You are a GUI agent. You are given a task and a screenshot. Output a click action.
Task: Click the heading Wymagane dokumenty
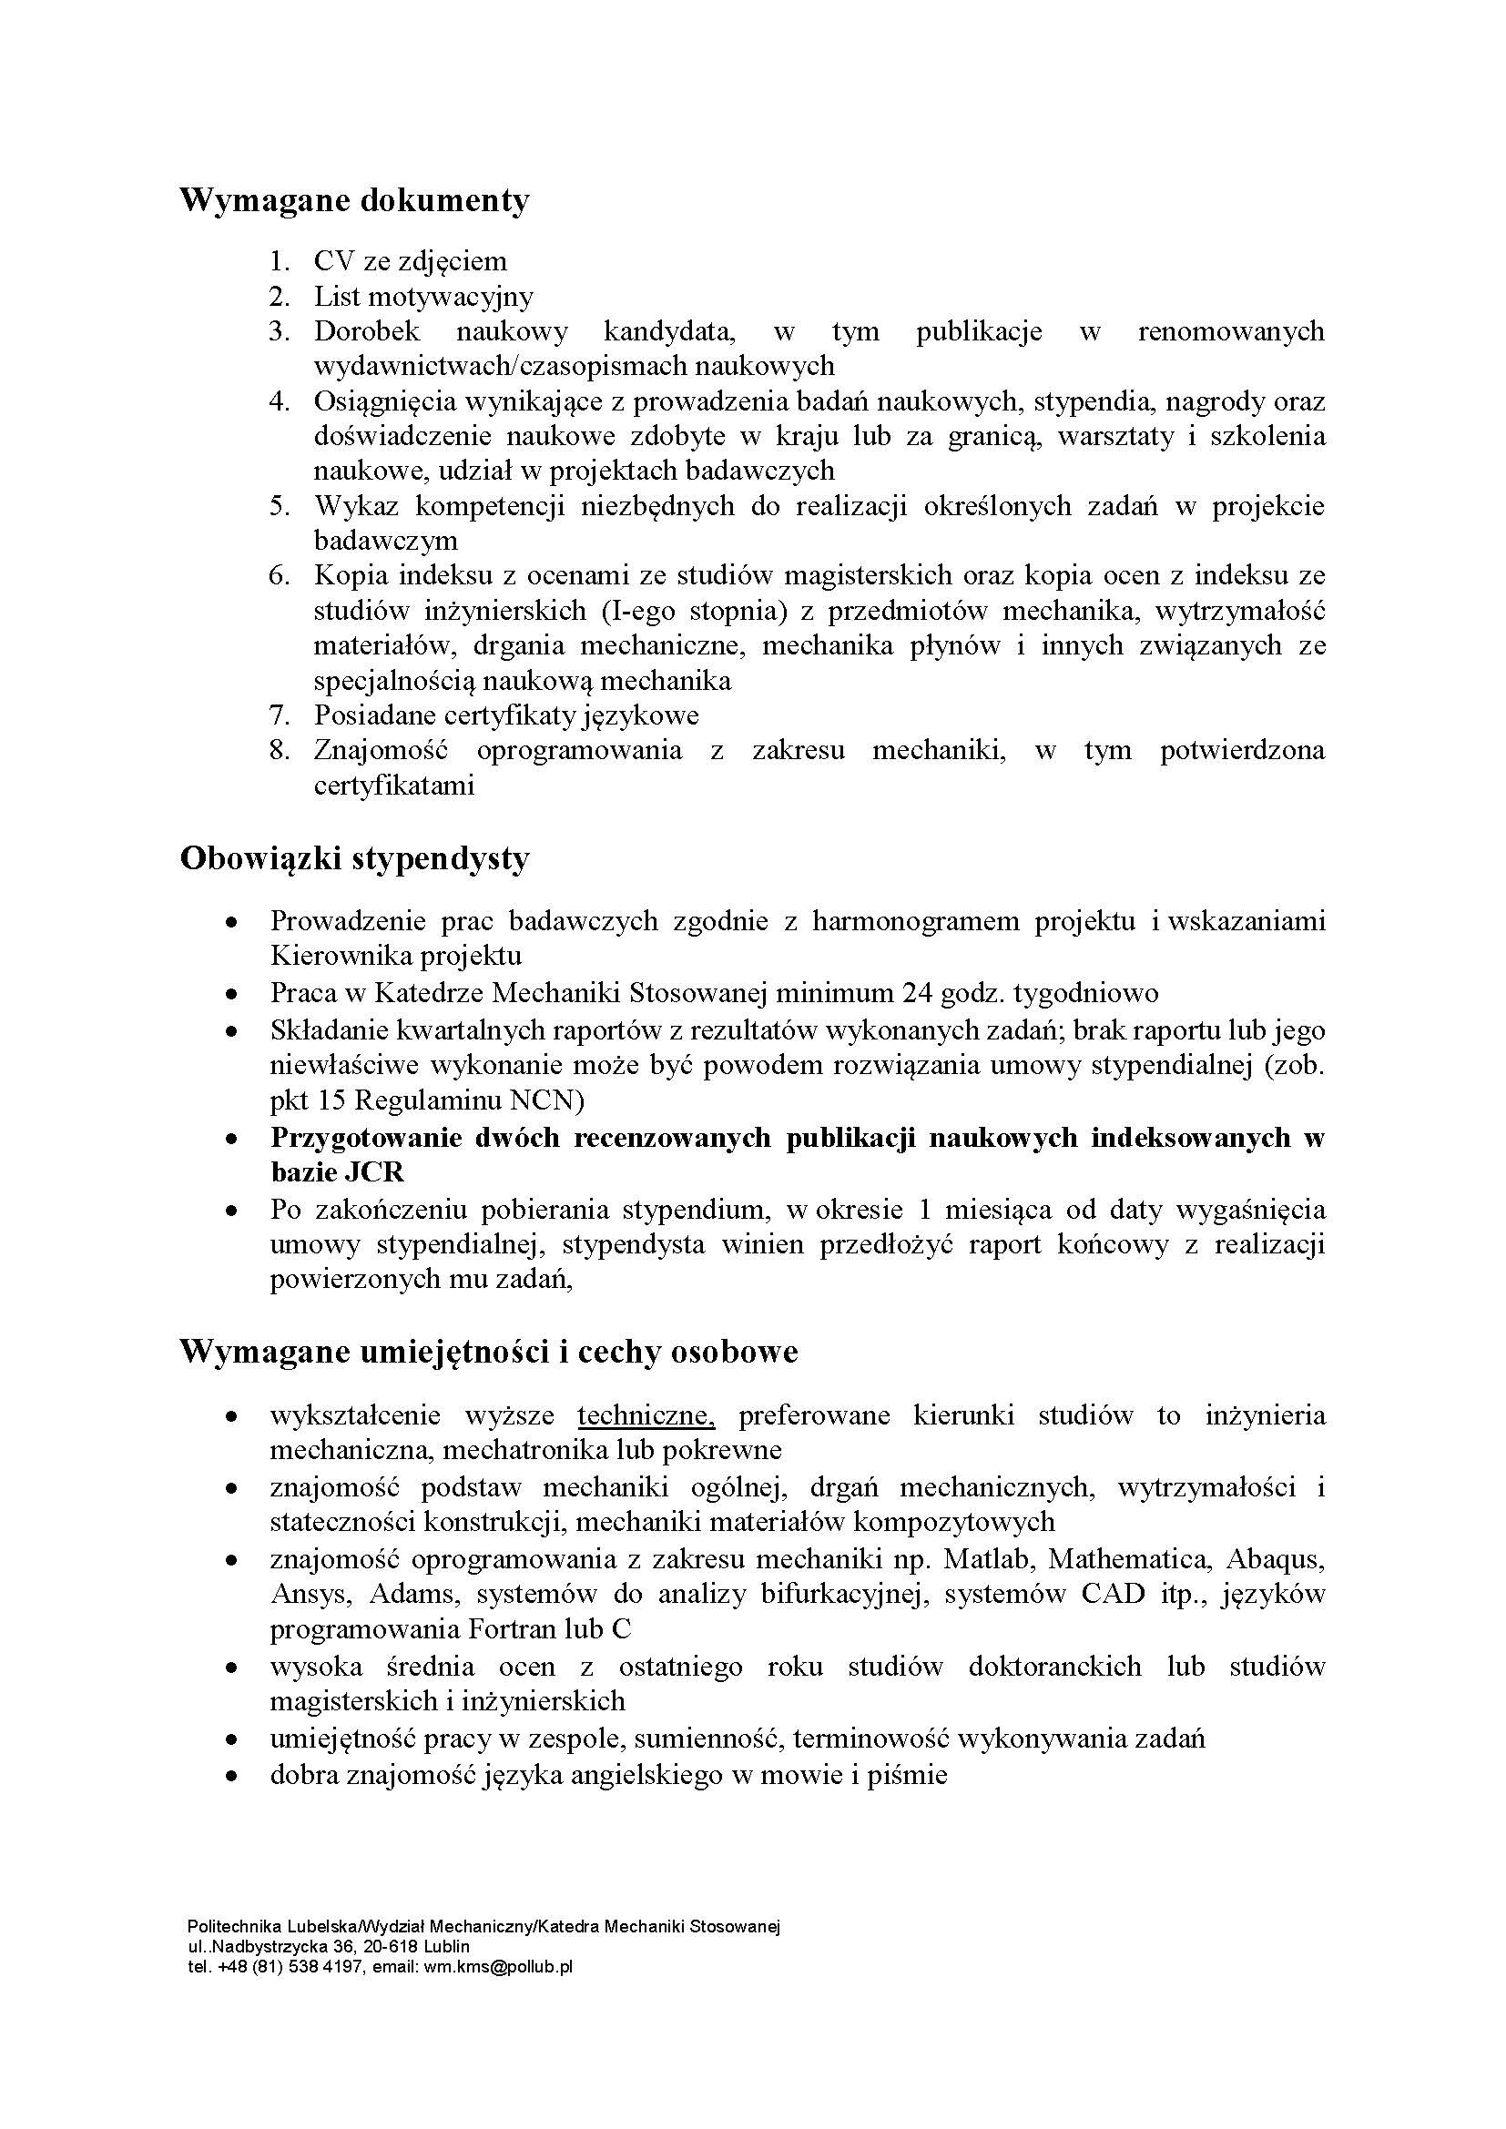(x=354, y=200)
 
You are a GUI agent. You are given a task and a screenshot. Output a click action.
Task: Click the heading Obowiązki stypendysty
(x=354, y=859)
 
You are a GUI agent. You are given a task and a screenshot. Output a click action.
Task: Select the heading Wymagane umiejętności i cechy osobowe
(x=489, y=1352)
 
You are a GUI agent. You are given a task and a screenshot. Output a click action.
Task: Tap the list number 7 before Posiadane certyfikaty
(x=280, y=715)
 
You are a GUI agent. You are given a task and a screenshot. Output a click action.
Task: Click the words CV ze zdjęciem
(x=411, y=261)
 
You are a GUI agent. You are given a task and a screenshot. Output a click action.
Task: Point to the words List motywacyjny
(x=423, y=297)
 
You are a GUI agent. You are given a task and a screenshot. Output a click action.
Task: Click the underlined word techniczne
(x=646, y=1416)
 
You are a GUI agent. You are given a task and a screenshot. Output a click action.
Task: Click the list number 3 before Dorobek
(x=280, y=331)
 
